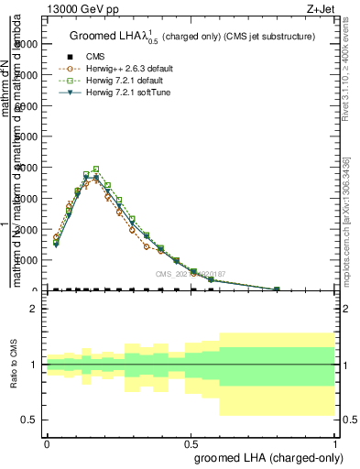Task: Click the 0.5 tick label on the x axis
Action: tap(191, 442)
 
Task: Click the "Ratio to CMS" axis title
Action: tap(13, 365)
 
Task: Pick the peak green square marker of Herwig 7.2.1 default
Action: tap(96, 169)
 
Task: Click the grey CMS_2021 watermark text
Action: tap(190, 273)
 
